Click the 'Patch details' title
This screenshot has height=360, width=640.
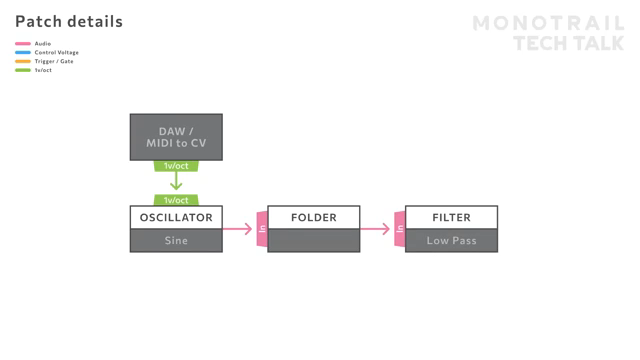pyautogui.click(x=69, y=21)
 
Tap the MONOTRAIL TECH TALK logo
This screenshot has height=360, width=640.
pyautogui.click(x=548, y=33)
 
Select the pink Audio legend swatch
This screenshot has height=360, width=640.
pyautogui.click(x=22, y=44)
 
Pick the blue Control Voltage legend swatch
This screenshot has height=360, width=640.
pyautogui.click(x=22, y=53)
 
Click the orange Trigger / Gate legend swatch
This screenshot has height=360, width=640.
pyautogui.click(x=22, y=62)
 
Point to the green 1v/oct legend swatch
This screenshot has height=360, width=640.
pyautogui.click(x=22, y=71)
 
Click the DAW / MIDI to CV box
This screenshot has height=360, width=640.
pyautogui.click(x=176, y=137)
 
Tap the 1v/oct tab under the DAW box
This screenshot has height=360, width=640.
pyautogui.click(x=176, y=166)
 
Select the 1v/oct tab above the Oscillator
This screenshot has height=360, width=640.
pyautogui.click(x=176, y=200)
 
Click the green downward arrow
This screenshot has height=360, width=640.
pyautogui.click(x=176, y=182)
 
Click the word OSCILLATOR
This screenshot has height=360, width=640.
pyautogui.click(x=176, y=217)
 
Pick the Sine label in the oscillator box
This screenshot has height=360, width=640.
pyautogui.click(x=176, y=241)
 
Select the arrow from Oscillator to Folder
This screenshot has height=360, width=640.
pyautogui.click(x=238, y=229)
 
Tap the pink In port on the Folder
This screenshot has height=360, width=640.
pyautogui.click(x=262, y=229)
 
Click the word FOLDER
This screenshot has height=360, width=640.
pyautogui.click(x=314, y=217)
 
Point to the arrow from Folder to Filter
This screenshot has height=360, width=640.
pyautogui.click(x=375, y=229)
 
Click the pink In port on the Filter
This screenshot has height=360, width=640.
pyautogui.click(x=399, y=229)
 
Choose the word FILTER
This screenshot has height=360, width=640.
pyautogui.click(x=451, y=217)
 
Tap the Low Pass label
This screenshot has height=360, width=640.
pyautogui.click(x=451, y=241)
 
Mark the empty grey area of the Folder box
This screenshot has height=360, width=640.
pyautogui.click(x=314, y=241)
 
